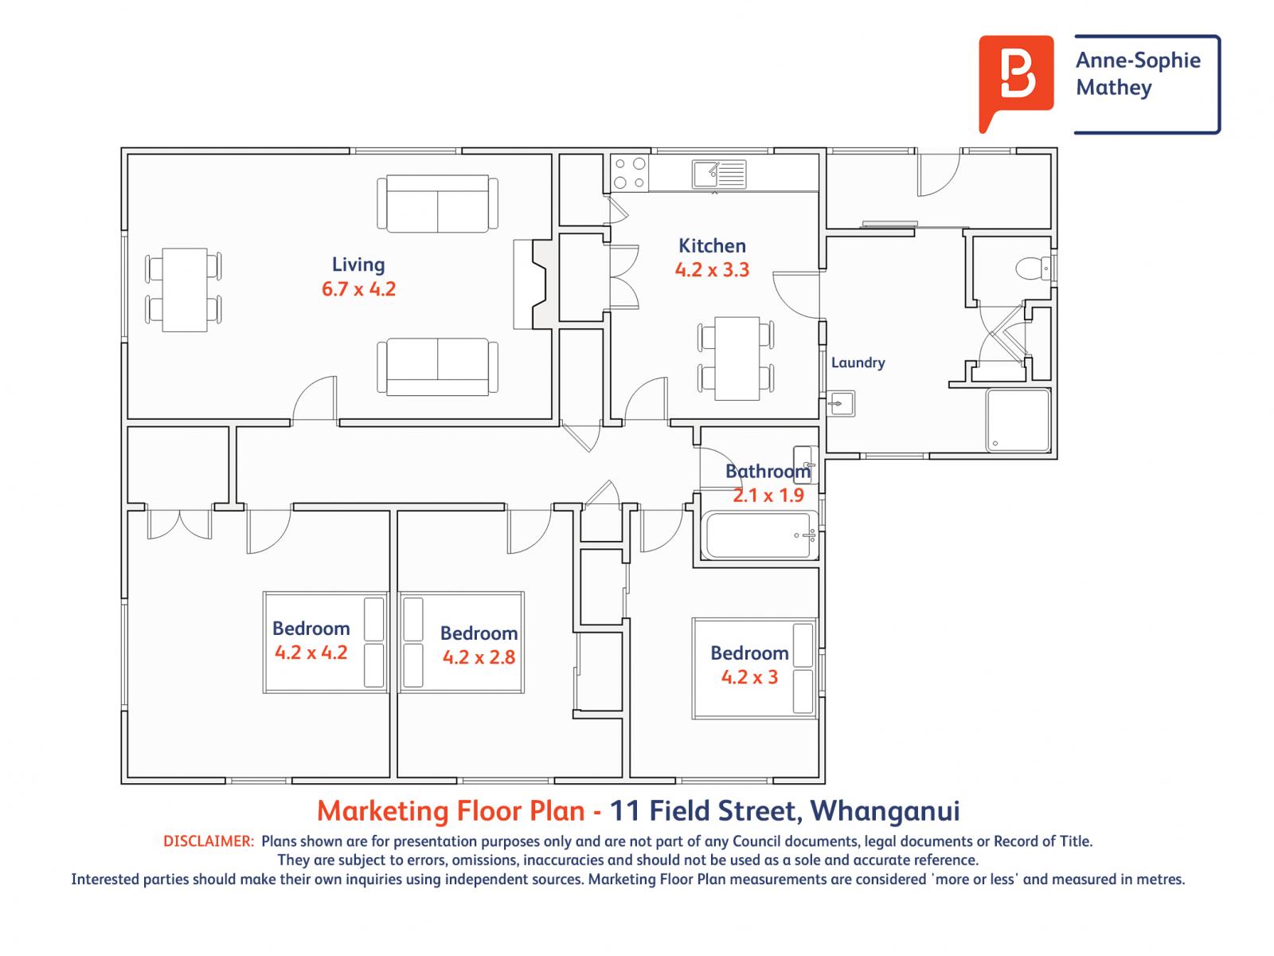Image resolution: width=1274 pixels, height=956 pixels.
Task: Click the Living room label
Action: pyautogui.click(x=358, y=264)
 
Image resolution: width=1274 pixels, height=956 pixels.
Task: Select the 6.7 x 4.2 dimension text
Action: pyautogui.click(x=358, y=288)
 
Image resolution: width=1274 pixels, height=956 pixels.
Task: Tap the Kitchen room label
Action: pyautogui.click(x=712, y=245)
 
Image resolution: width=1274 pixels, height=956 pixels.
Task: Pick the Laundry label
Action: pyautogui.click(x=858, y=362)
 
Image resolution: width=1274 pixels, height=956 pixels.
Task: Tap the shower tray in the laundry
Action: pyautogui.click(x=1018, y=420)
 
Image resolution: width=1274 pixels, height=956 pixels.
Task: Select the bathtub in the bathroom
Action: pyautogui.click(x=759, y=535)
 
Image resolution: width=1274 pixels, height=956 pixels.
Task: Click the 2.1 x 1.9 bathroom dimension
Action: pyautogui.click(x=768, y=496)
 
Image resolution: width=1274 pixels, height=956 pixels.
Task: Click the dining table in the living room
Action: pyautogui.click(x=184, y=290)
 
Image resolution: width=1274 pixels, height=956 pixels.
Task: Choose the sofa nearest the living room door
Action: pyautogui.click(x=437, y=366)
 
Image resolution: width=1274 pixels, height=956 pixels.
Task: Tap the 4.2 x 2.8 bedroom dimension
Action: pyautogui.click(x=479, y=657)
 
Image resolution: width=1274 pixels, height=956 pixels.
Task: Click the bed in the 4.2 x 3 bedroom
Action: pyautogui.click(x=754, y=668)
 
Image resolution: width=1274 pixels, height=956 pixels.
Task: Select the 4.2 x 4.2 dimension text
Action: pyautogui.click(x=311, y=652)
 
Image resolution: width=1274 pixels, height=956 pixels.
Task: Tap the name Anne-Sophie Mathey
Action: pyautogui.click(x=1137, y=74)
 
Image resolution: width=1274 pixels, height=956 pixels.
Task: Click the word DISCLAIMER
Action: pyautogui.click(x=208, y=841)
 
